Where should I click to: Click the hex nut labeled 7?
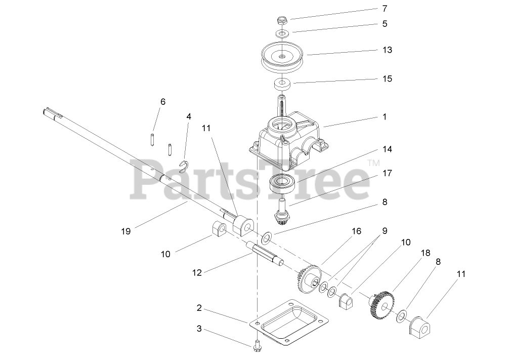tap(281, 21)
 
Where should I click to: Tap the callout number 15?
tap(387, 79)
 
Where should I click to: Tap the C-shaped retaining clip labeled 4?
tap(186, 166)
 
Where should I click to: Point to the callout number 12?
tap(197, 272)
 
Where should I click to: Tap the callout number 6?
tap(162, 102)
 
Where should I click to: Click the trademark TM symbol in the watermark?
tap(373, 163)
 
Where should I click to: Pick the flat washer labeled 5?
tap(282, 34)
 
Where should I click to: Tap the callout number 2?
tap(199, 307)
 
